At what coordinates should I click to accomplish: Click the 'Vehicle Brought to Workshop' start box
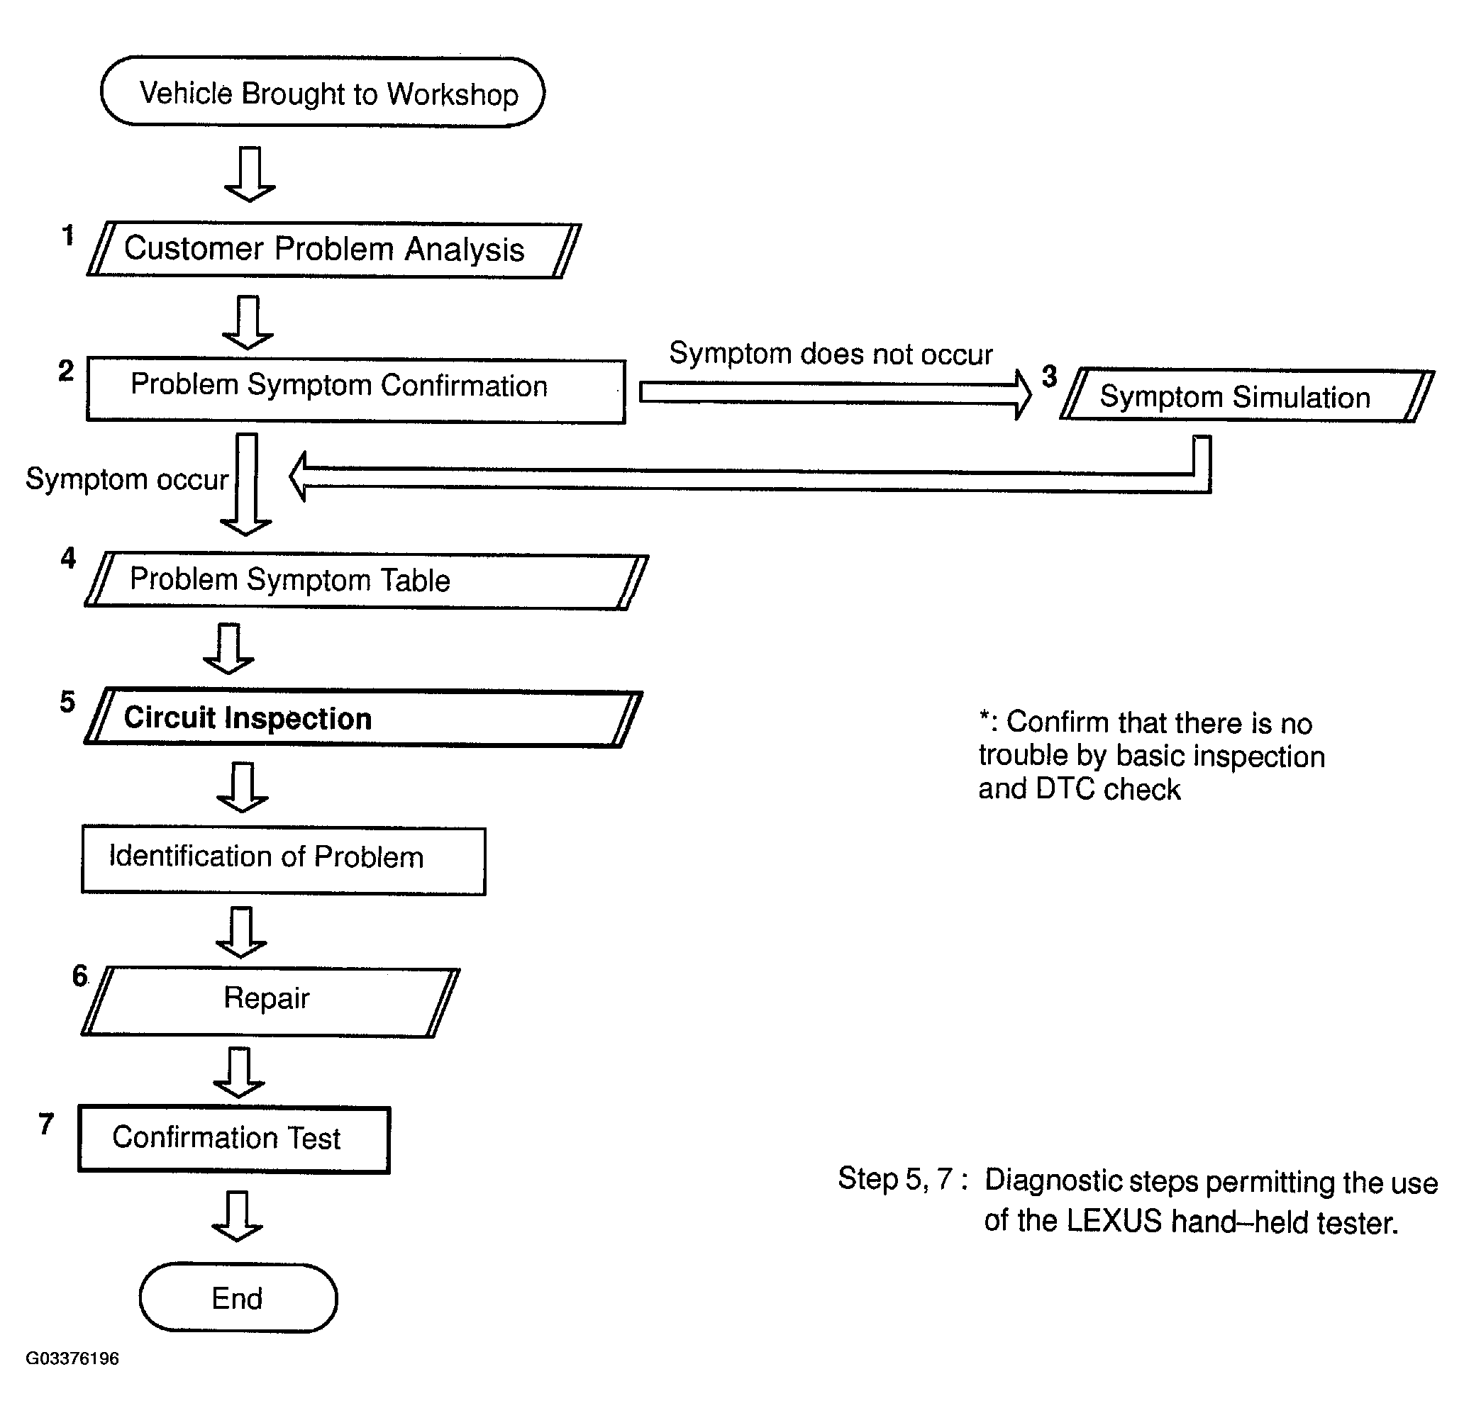click(x=323, y=93)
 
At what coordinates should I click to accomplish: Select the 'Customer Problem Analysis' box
click(x=334, y=250)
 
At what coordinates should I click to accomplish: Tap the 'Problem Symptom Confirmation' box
click(x=356, y=390)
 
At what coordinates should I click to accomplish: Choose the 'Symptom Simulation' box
click(x=1248, y=395)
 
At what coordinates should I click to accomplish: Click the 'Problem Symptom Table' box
click(x=366, y=581)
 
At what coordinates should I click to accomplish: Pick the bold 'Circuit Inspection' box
click(x=363, y=718)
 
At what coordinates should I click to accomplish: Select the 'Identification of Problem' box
click(x=284, y=859)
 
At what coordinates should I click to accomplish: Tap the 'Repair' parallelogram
click(x=270, y=1002)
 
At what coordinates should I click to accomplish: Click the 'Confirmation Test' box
click(x=234, y=1139)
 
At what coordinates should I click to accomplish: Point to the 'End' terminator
click(x=238, y=1298)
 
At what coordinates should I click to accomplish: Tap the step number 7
click(x=46, y=1124)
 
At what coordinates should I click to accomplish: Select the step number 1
click(x=68, y=235)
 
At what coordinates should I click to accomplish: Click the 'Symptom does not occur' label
click(x=831, y=354)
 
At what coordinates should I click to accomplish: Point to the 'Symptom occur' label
click(x=127, y=479)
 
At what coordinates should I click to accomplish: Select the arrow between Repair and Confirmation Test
click(x=239, y=1072)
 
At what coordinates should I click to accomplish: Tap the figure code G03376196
click(x=72, y=1358)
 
